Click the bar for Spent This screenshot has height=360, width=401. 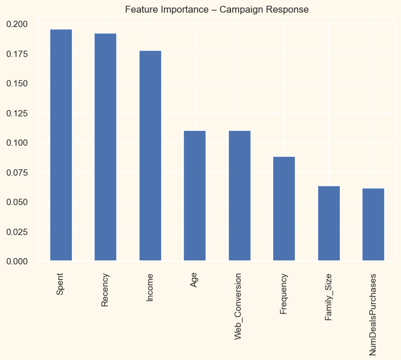click(61, 145)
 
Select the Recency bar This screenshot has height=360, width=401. click(105, 147)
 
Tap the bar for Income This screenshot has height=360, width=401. click(150, 156)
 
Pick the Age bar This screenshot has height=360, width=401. click(195, 196)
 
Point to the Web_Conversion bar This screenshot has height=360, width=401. click(240, 196)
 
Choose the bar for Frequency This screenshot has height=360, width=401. click(284, 209)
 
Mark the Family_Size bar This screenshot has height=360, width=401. click(329, 223)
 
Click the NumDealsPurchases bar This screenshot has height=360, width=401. click(373, 225)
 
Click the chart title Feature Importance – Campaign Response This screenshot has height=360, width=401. click(217, 10)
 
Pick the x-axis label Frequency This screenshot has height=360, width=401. click(284, 294)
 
